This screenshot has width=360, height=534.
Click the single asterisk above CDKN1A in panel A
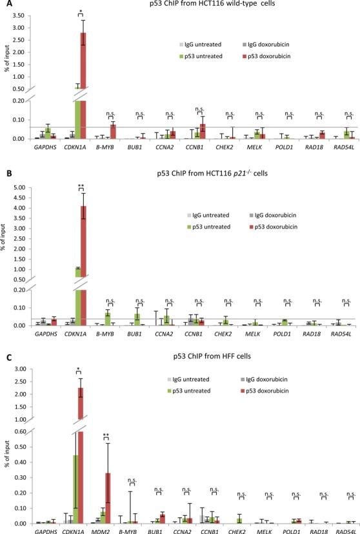(80, 12)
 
